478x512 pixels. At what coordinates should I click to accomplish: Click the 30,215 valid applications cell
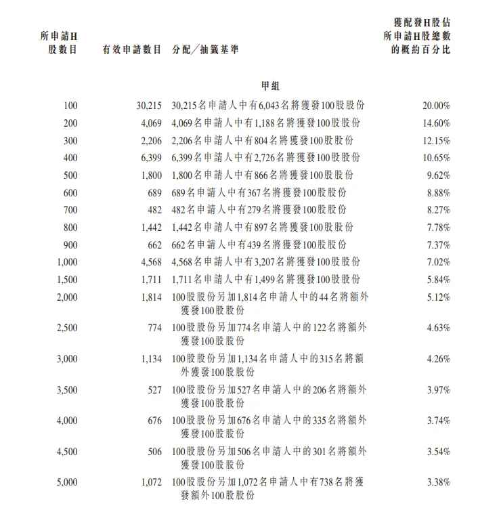[x=148, y=106]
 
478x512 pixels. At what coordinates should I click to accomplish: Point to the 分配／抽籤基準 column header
[x=205, y=50]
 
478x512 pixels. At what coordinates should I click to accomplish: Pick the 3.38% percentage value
[x=439, y=483]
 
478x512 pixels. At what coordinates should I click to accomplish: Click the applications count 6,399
[x=151, y=158]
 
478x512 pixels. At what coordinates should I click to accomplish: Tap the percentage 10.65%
[x=437, y=158]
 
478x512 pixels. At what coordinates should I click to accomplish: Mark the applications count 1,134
[x=151, y=359]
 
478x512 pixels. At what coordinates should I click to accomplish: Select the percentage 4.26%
[x=439, y=359]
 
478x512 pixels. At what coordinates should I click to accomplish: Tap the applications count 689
[x=155, y=193]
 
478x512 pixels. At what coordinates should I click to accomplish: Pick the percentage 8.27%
[x=439, y=210]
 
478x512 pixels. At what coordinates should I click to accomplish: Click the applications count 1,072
[x=151, y=483]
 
